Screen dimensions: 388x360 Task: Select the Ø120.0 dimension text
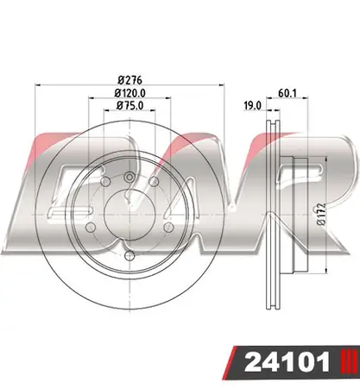pyautogui.click(x=129, y=93)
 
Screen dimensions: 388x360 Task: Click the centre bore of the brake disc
pyautogui.click(x=128, y=211)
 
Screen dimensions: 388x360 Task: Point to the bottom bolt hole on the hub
pyautogui.click(x=128, y=255)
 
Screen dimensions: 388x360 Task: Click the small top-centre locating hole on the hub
pyautogui.click(x=128, y=178)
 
